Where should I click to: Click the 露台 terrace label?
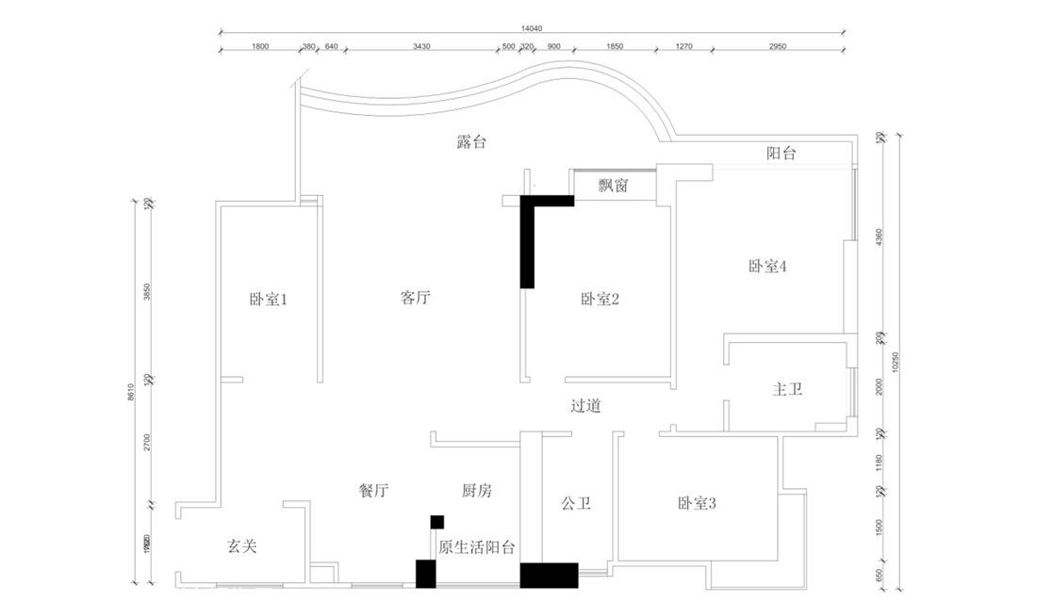pos(470,142)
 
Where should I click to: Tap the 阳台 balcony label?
pos(781,154)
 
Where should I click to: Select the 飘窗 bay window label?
pos(613,186)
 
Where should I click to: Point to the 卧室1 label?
pos(268,300)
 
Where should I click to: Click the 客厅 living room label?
pos(416,299)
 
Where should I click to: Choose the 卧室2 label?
pos(600,300)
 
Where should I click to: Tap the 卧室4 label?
pos(767,267)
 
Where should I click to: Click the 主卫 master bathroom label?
pos(787,389)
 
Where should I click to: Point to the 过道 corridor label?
pos(585,406)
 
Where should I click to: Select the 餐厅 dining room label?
pos(373,491)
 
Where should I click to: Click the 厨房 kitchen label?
pos(476,491)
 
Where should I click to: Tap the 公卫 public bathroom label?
pos(576,503)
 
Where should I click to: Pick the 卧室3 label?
pos(697,503)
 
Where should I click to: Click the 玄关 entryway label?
pos(242,545)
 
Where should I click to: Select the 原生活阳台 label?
pos(476,547)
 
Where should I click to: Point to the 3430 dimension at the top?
pos(421,46)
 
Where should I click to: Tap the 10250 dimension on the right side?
pos(897,362)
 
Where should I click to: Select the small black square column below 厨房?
pos(436,522)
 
